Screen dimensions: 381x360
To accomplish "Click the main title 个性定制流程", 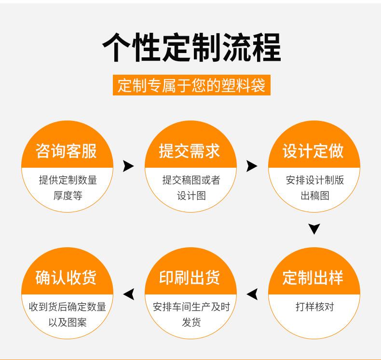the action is [191, 47].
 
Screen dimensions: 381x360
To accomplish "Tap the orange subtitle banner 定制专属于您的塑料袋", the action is [191, 85].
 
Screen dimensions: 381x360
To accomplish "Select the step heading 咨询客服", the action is [67, 151].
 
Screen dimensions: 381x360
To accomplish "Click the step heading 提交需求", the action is [190, 151].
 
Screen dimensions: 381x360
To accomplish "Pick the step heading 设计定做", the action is [313, 151].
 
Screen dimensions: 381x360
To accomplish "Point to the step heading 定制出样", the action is [313, 278].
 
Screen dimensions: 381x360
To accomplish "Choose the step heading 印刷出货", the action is [190, 278].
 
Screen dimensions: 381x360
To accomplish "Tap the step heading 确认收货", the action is [67, 278].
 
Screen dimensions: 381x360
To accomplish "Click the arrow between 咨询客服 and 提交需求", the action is [128, 166].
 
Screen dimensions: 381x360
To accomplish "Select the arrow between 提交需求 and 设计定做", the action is [252, 166].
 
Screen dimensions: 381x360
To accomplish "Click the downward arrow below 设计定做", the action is [314, 228].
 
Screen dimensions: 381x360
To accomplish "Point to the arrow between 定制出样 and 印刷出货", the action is [252, 293].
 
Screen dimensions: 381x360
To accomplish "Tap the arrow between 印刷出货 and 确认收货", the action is [129, 293].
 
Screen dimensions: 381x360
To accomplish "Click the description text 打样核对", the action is [314, 307].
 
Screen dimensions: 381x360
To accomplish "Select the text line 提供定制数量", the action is [68, 180].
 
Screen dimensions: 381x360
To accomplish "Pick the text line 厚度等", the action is [68, 196].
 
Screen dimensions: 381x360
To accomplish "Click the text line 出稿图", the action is [314, 196].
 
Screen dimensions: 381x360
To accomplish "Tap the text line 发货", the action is [191, 322].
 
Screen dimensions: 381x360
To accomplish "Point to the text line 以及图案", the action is [68, 322].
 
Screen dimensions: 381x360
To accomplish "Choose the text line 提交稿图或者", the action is [191, 180].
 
